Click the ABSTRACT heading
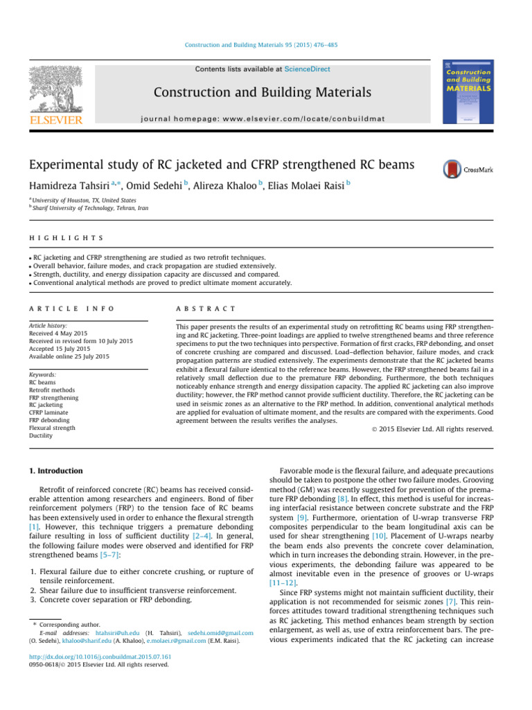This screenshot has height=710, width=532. (206, 308)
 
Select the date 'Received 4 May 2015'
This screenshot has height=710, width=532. (57, 332)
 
